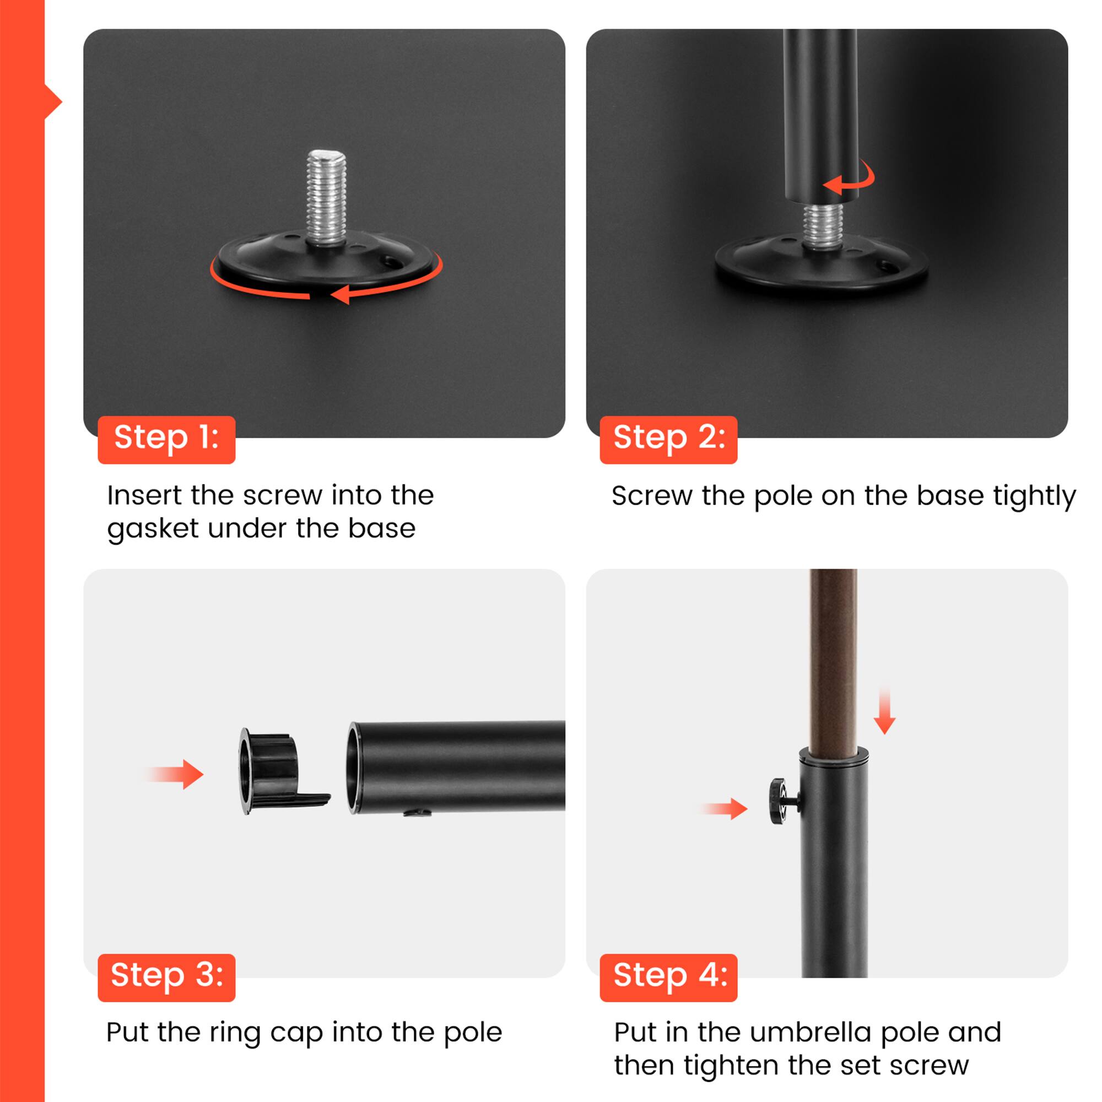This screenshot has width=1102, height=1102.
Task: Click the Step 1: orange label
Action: pos(166,439)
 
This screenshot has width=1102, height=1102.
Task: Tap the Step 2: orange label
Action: pos(668,439)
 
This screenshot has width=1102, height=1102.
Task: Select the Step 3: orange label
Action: pos(166,977)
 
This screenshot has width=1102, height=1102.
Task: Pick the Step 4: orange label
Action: pos(668,977)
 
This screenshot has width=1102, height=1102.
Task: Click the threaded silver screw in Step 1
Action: pos(326,197)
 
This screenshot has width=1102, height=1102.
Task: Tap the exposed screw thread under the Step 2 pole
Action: pos(823,225)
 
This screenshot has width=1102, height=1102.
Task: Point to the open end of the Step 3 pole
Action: pos(354,767)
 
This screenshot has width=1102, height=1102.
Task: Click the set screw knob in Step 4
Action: pos(782,802)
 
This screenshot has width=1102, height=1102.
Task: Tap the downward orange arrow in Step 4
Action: pos(884,711)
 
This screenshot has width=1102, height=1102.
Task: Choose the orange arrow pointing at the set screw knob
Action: pos(724,808)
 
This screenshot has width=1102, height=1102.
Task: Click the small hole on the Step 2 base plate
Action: pos(887,264)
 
